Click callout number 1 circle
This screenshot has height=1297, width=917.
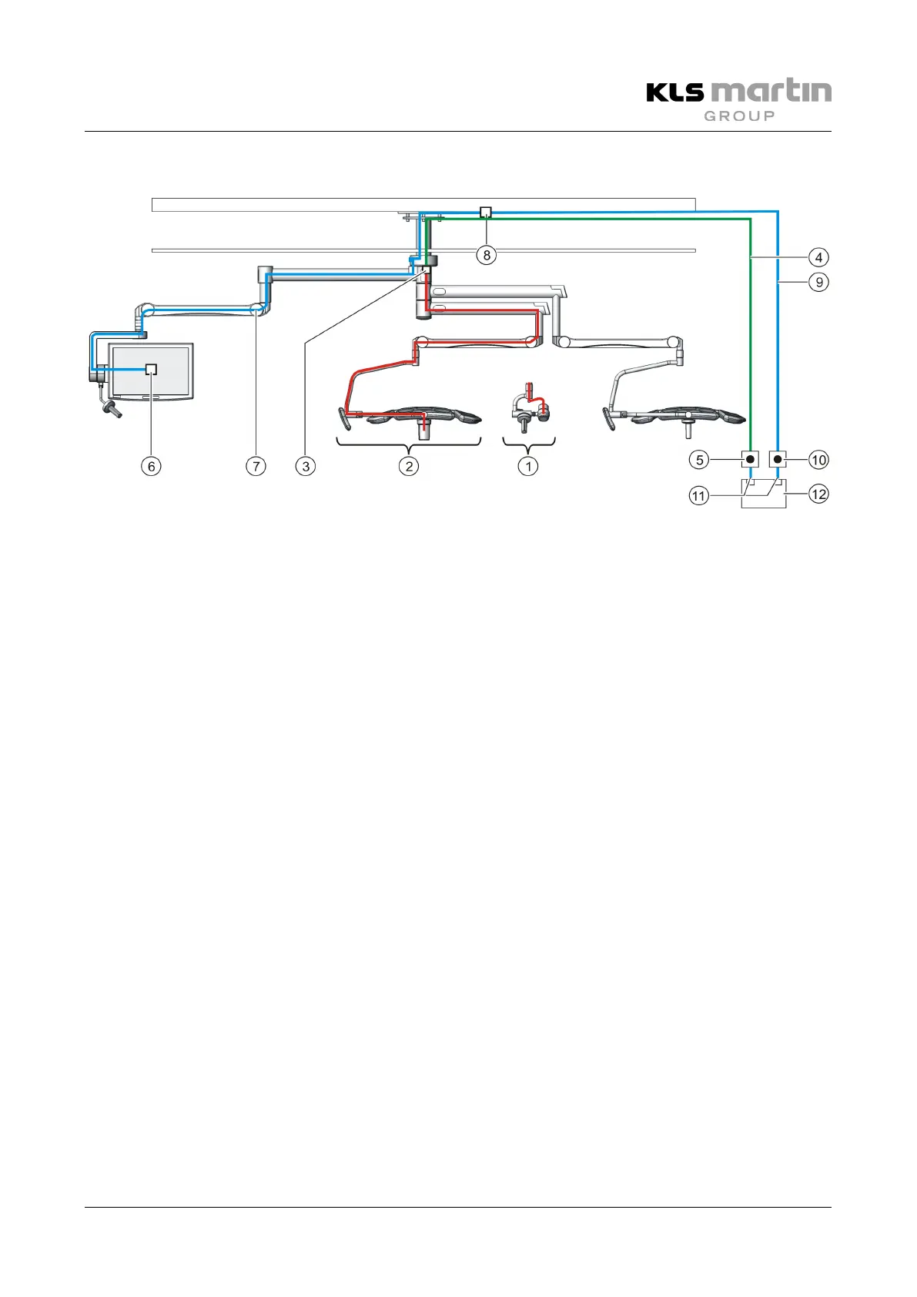pyautogui.click(x=528, y=466)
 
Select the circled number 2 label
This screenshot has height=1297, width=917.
pyautogui.click(x=409, y=466)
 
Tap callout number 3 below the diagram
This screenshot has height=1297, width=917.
pyautogui.click(x=306, y=466)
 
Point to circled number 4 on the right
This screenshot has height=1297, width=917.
pyautogui.click(x=818, y=257)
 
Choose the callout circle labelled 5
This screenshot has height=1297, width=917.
pyautogui.click(x=699, y=460)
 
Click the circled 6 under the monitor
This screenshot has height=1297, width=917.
pyautogui.click(x=152, y=466)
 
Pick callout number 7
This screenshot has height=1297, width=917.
pyautogui.click(x=256, y=466)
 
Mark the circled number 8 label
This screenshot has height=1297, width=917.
pyautogui.click(x=487, y=255)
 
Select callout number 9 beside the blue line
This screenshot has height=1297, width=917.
pyautogui.click(x=818, y=282)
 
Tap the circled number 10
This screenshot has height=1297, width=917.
pyautogui.click(x=818, y=460)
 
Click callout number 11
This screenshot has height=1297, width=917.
pyautogui.click(x=699, y=496)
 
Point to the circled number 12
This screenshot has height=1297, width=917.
pyautogui.click(x=818, y=494)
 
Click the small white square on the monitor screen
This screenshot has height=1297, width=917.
pyautogui.click(x=152, y=369)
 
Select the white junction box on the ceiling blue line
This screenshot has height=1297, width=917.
pyautogui.click(x=486, y=212)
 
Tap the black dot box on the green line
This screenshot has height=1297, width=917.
pyautogui.click(x=750, y=460)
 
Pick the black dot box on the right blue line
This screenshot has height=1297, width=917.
pyautogui.click(x=778, y=460)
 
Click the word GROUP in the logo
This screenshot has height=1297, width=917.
pyautogui.click(x=739, y=116)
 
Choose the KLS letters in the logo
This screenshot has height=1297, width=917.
pyautogui.click(x=674, y=92)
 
